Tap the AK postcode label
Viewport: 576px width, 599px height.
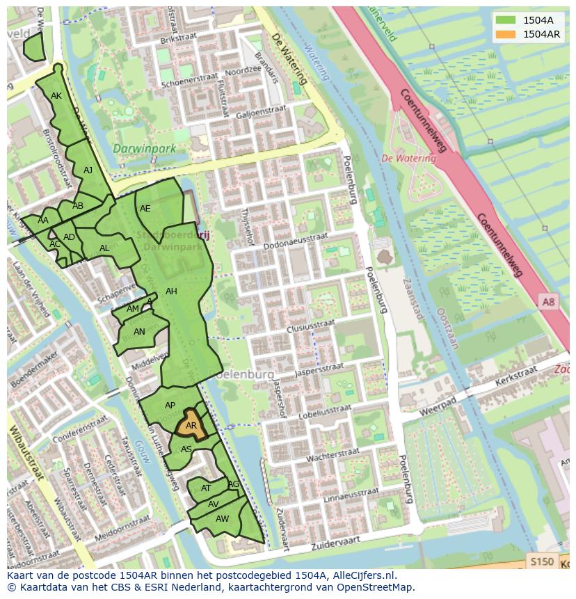pyautogui.click(x=56, y=96)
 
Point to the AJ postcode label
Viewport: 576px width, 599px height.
pyautogui.click(x=88, y=170)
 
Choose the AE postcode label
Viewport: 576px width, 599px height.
pyautogui.click(x=145, y=208)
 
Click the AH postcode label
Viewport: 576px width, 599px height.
pyautogui.click(x=171, y=291)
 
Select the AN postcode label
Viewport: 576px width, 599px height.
pyautogui.click(x=139, y=332)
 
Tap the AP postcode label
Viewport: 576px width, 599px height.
pyautogui.click(x=170, y=406)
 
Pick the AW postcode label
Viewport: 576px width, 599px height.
pyautogui.click(x=222, y=519)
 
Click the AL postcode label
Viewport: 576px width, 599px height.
pyautogui.click(x=104, y=248)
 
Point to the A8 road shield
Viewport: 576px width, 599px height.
pyautogui.click(x=549, y=301)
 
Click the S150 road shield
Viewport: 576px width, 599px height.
pyautogui.click(x=541, y=561)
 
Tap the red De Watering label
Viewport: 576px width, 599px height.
pyautogui.click(x=409, y=159)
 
